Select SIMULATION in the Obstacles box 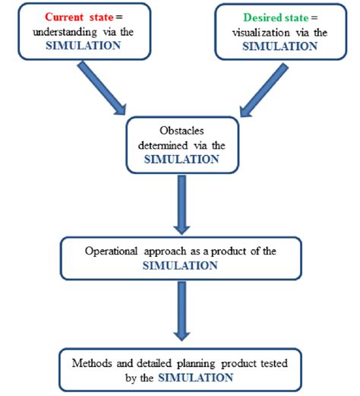pos(180,159)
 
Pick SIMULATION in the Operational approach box pos(180,265)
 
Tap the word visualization pos(256,30)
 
